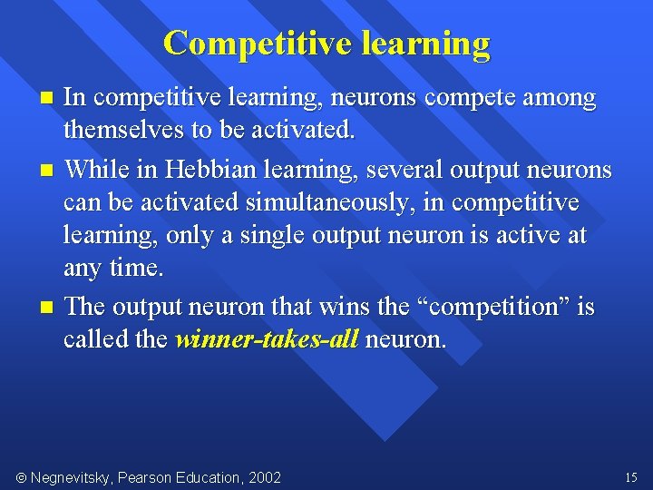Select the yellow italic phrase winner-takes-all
coord(268,340)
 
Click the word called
coord(89,340)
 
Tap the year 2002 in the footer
coord(264,477)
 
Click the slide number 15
coord(631,477)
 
